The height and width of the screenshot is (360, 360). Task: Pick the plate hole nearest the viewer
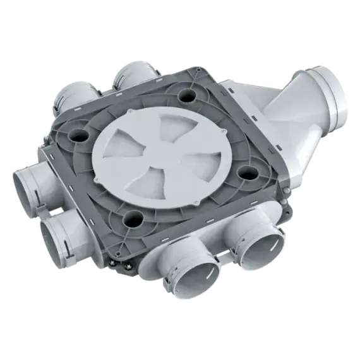click(x=132, y=219)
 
